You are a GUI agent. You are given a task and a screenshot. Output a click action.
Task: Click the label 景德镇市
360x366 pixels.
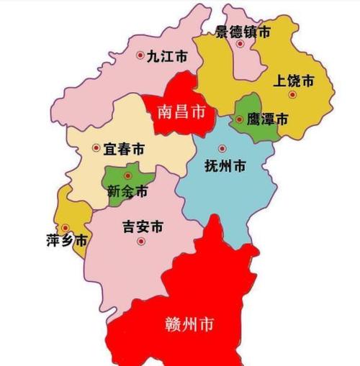[x=244, y=32]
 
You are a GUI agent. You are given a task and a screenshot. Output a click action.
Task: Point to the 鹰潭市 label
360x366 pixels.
[x=267, y=119]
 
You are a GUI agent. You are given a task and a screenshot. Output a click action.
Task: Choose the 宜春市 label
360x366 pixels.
[x=123, y=150]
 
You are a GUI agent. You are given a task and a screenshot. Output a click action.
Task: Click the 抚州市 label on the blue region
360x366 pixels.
[x=225, y=166]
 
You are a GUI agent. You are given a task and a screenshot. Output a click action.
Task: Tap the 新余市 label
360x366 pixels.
[x=127, y=193]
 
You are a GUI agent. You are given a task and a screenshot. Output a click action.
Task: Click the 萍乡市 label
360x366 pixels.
[x=66, y=241]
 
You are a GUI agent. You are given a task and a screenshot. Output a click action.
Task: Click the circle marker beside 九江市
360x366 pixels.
[x=140, y=55]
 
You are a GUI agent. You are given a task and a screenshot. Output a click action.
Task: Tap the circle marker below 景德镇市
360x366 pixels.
[x=239, y=45]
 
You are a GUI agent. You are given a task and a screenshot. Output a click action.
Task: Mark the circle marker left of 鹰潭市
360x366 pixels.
[x=239, y=119]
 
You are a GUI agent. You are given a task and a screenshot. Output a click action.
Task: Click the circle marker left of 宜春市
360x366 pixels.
[x=96, y=148]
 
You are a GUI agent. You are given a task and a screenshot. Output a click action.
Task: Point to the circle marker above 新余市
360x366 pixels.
[x=128, y=175]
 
